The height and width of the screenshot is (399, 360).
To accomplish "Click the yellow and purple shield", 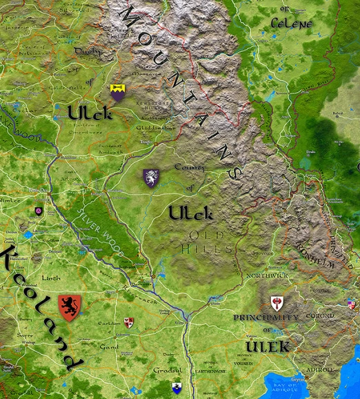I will (118, 93).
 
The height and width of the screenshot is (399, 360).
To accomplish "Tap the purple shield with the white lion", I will (150, 178).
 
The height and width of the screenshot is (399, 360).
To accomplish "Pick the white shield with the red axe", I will (277, 303).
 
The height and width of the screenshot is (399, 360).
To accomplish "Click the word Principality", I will (266, 317).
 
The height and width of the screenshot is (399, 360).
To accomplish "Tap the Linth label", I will (51, 278).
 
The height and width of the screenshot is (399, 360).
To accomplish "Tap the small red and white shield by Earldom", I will (128, 322).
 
